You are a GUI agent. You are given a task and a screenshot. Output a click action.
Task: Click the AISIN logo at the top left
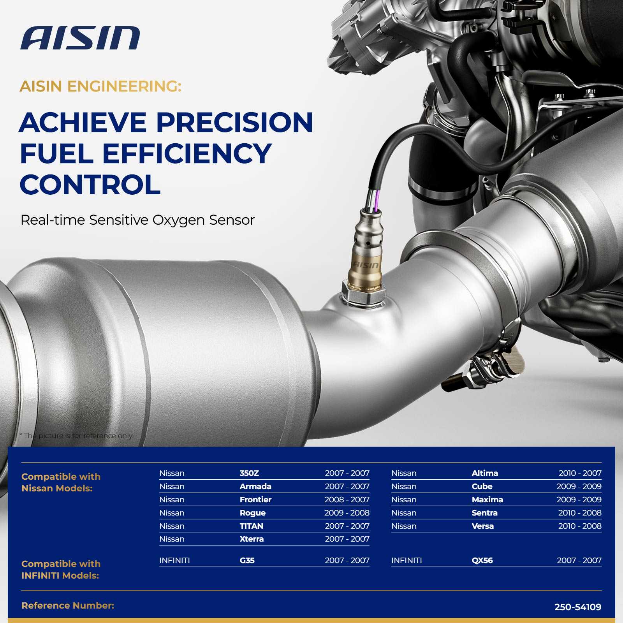[x=80, y=38]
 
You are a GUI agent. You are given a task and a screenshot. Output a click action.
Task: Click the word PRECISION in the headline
[x=235, y=122]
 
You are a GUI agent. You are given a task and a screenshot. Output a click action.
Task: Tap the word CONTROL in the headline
[x=90, y=185]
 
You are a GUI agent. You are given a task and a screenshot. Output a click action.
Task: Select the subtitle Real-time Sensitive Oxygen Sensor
[x=137, y=220]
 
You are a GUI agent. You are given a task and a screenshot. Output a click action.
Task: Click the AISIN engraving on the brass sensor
[x=366, y=265]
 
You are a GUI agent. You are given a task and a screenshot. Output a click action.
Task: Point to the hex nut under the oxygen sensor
[x=364, y=296]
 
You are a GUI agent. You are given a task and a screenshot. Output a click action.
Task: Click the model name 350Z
[x=249, y=473]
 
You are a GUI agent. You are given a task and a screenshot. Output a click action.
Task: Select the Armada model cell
[x=255, y=486]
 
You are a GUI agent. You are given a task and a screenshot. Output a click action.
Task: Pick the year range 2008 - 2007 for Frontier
[x=347, y=500]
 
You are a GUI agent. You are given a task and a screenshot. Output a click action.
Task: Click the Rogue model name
[x=253, y=513]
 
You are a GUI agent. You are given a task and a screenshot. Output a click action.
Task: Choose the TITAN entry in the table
[x=252, y=526]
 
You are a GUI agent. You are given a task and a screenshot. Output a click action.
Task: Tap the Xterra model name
[x=252, y=539]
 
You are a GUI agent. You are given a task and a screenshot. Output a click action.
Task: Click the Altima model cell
[x=485, y=473]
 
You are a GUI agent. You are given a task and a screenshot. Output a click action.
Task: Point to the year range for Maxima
[x=579, y=500]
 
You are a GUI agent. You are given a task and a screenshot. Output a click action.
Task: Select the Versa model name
[x=483, y=526]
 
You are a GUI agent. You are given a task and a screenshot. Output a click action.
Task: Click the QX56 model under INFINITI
[x=482, y=560]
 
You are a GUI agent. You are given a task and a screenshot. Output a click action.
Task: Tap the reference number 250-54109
[x=578, y=607]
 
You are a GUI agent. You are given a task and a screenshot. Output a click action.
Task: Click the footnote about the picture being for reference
[x=76, y=436]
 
